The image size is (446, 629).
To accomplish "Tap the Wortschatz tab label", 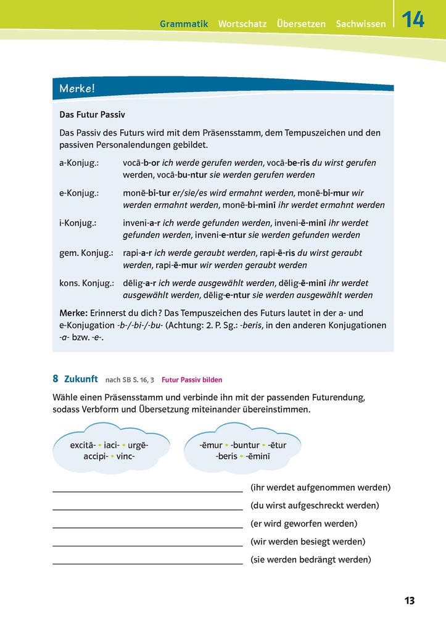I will pyautogui.click(x=242, y=24).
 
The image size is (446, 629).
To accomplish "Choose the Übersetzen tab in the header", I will pyautogui.click(x=301, y=24).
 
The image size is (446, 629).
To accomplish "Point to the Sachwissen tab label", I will pyautogui.click(x=361, y=24).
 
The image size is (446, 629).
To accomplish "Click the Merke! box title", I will pyautogui.click(x=77, y=89).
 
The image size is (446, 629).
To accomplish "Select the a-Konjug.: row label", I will pyautogui.click(x=80, y=163).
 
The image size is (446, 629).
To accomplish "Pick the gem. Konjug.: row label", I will pyautogui.click(x=86, y=253).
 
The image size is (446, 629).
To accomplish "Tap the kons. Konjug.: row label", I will pyautogui.click(x=87, y=283).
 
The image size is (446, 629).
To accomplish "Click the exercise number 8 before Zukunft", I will pyautogui.click(x=56, y=379).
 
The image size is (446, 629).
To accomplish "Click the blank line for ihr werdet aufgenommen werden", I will pyautogui.click(x=147, y=491).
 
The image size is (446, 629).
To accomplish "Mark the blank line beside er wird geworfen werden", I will pyautogui.click(x=147, y=527).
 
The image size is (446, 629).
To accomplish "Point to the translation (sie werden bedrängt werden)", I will pyautogui.click(x=311, y=560).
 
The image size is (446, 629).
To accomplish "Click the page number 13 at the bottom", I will pyautogui.click(x=410, y=601).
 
